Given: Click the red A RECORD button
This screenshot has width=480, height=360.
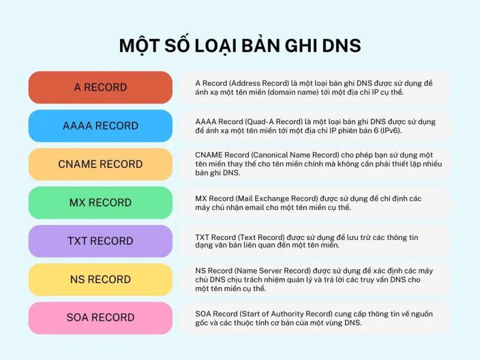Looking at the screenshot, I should click(x=100, y=88).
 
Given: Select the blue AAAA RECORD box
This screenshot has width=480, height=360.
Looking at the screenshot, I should click(x=100, y=126).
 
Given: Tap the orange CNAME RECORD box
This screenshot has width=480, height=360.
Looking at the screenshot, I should click(x=100, y=164).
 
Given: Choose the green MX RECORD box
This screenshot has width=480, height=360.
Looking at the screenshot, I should click(x=100, y=203).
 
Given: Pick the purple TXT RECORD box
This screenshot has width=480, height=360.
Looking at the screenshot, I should click(x=100, y=241).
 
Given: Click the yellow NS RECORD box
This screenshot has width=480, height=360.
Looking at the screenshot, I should click(x=100, y=280).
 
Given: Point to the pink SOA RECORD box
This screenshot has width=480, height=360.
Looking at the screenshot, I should click(x=100, y=318).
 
